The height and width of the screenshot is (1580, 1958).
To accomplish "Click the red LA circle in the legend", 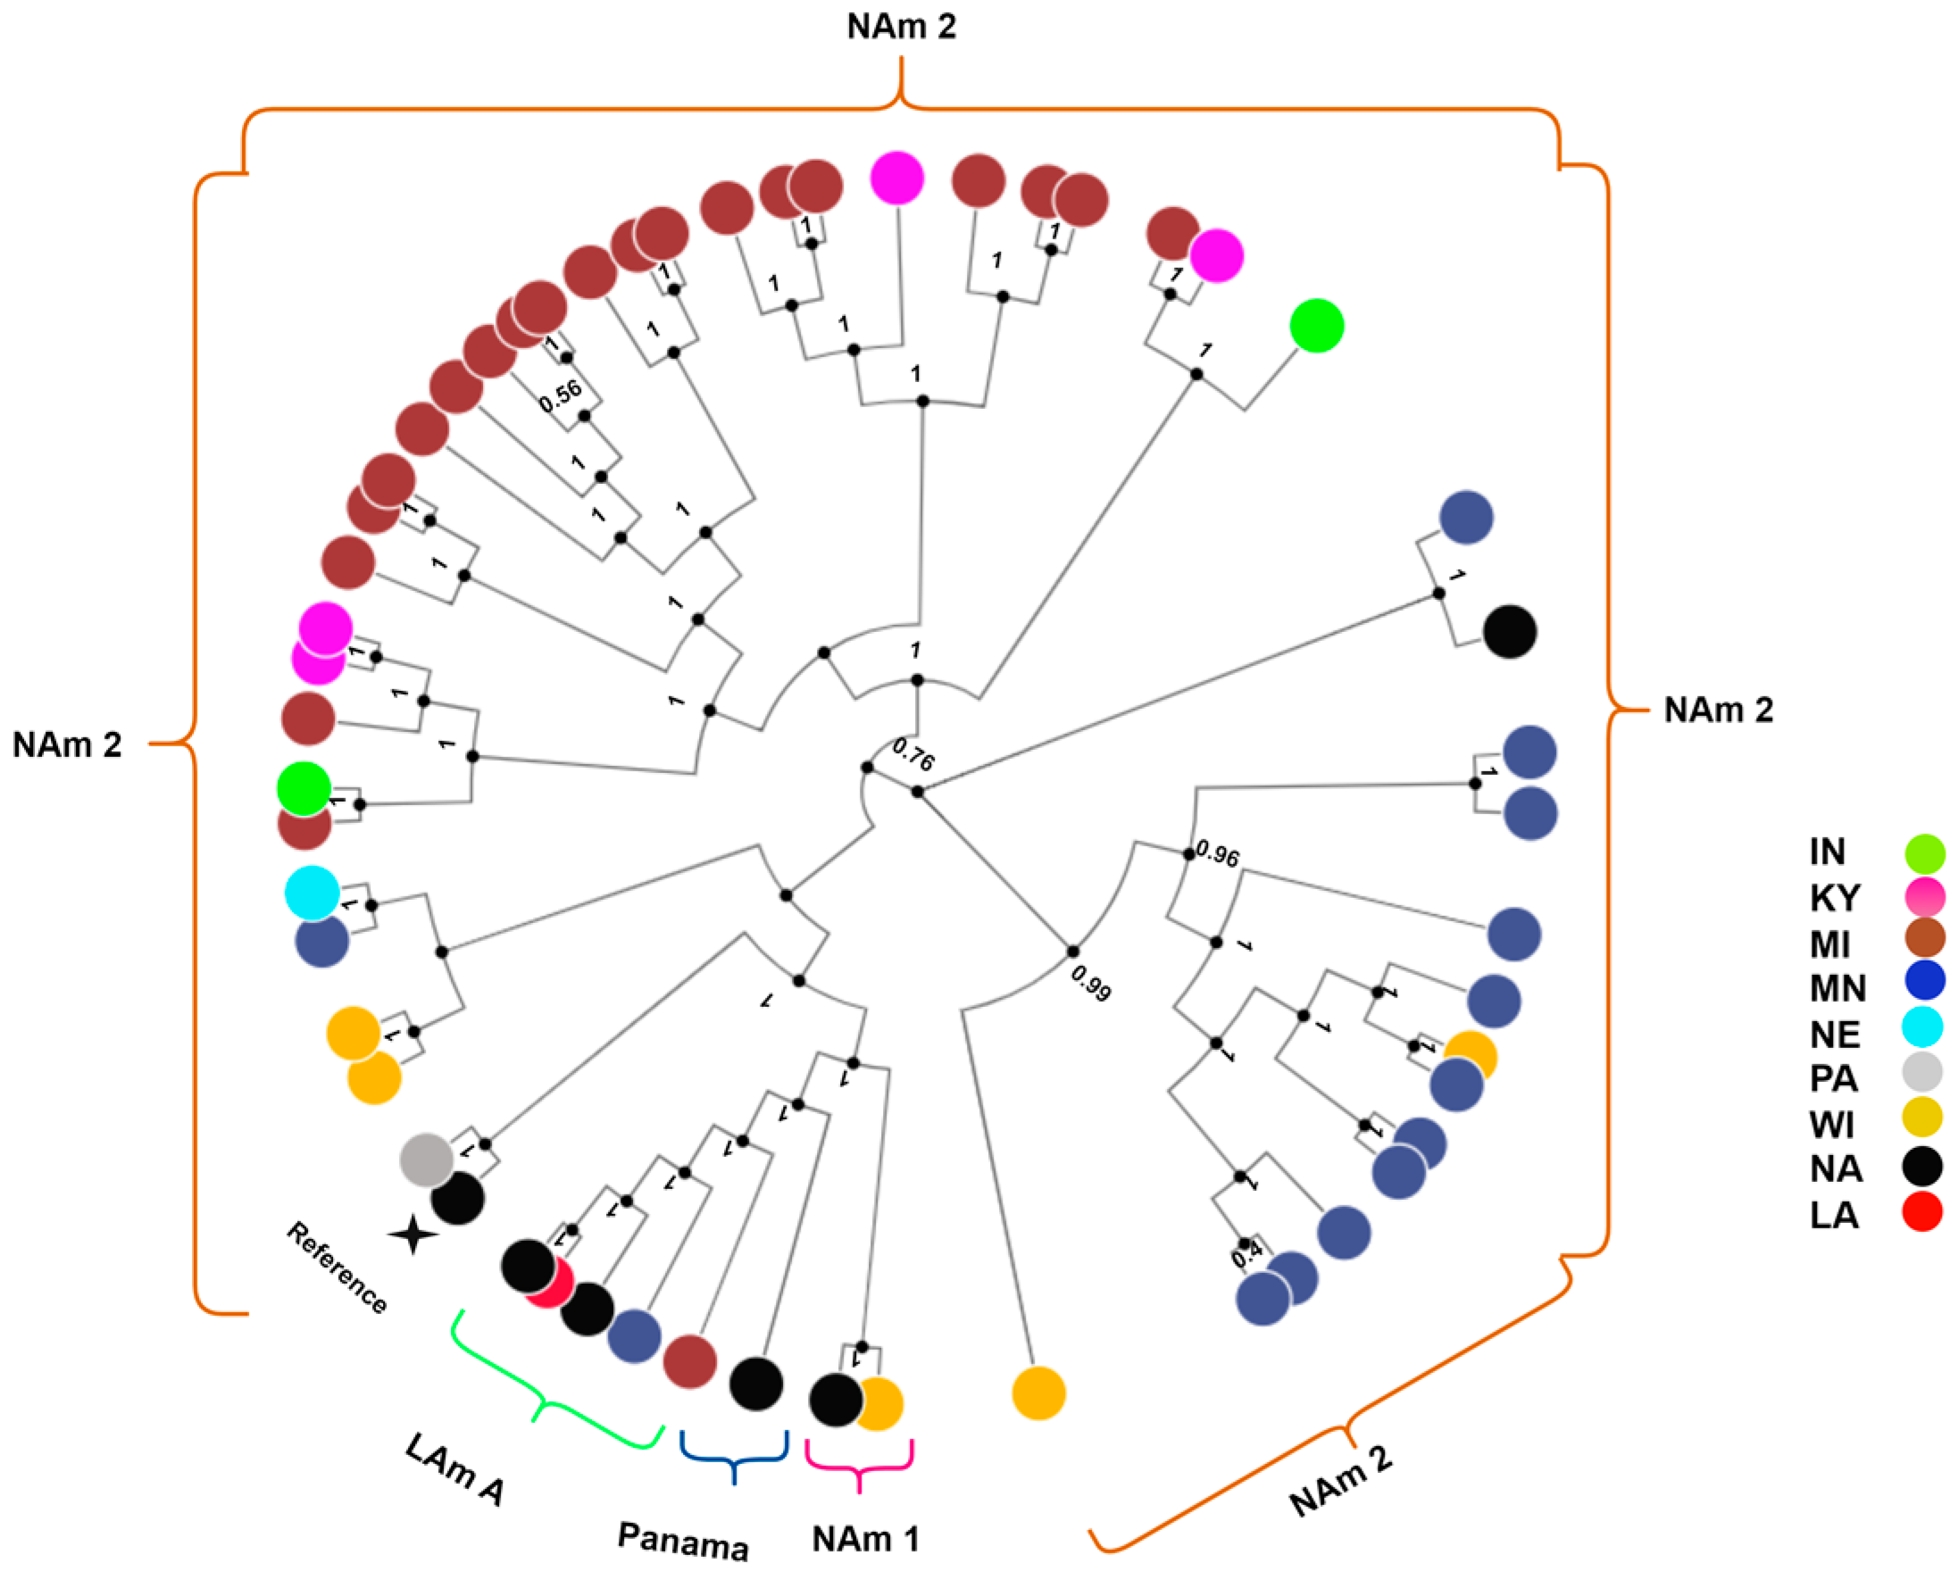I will point(1921,1211).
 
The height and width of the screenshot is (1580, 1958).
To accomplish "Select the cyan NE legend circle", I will point(1921,1026).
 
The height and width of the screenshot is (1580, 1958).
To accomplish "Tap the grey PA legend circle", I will point(1921,1072).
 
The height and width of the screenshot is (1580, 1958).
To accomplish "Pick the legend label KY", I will point(1834,898).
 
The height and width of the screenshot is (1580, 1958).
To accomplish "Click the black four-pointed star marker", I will point(413,1235).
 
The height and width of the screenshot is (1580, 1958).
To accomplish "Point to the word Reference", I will point(337,1268).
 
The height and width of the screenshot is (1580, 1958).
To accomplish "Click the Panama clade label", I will point(683,1540).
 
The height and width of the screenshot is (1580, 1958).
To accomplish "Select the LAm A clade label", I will point(454,1468).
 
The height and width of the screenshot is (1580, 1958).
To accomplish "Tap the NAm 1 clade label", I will point(865,1539).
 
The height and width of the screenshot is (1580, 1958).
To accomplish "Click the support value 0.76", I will point(913,753).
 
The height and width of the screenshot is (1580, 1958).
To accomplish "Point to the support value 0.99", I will point(1089,984).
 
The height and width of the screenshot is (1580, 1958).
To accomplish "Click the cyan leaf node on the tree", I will point(312,893).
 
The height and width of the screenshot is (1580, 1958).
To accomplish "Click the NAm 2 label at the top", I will point(901,27).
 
